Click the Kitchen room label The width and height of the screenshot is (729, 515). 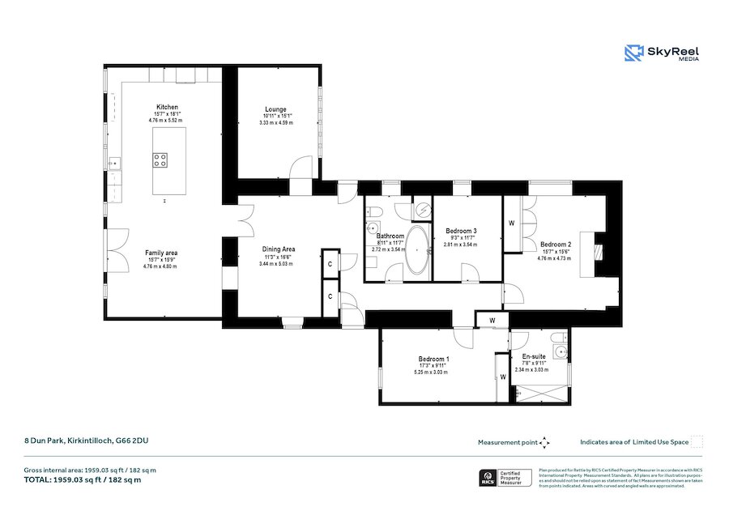point(167,108)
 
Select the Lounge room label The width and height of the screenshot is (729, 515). point(275,110)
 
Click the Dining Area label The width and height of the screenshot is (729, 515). point(278,249)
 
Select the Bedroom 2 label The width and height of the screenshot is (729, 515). point(556,245)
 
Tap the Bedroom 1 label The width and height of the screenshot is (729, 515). point(433,359)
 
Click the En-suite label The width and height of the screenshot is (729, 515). point(534,356)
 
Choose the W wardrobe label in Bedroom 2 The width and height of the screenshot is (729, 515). point(512,223)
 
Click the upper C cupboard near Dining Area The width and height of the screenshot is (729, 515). point(330,264)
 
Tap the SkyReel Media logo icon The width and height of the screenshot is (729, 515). point(633,53)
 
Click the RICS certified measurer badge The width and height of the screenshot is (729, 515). point(505,478)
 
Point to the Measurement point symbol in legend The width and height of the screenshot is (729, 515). point(544,442)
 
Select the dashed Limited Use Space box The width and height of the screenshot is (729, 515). point(696,441)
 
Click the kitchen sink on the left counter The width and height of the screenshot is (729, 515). point(114,164)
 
